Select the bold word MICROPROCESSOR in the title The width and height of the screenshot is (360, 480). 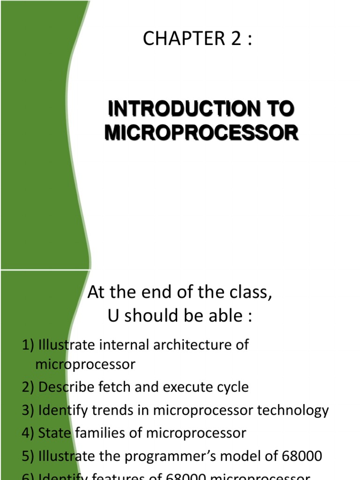click(201, 133)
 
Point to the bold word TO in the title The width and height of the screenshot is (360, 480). click(281, 109)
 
